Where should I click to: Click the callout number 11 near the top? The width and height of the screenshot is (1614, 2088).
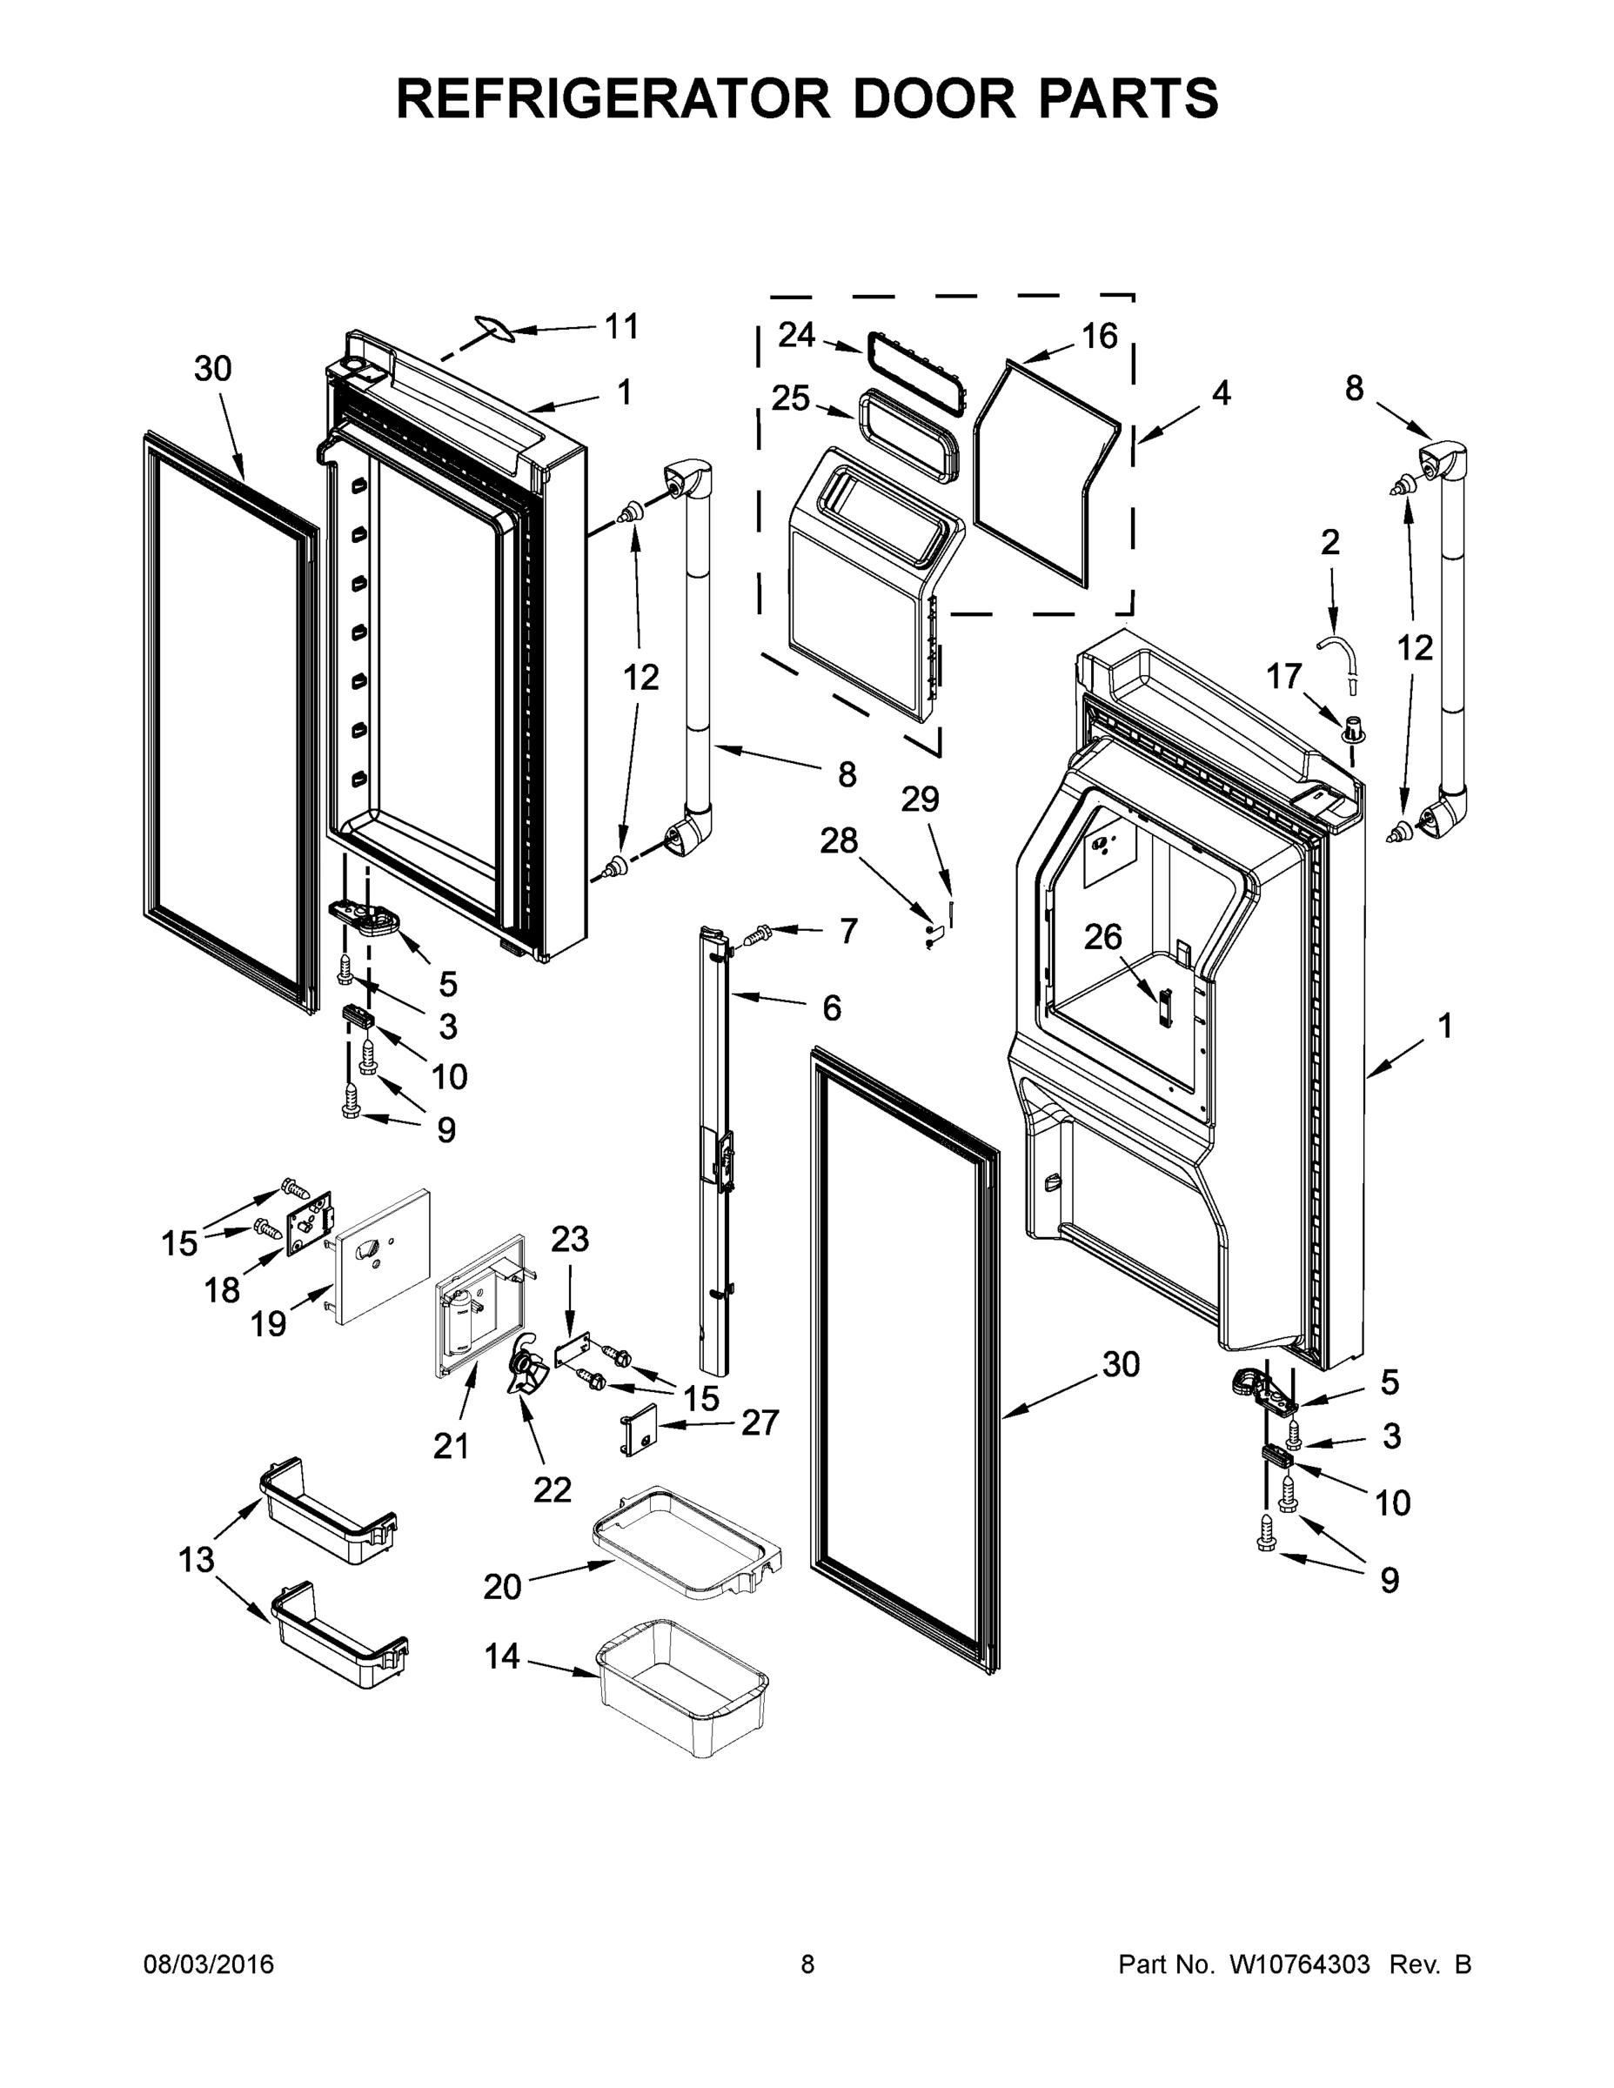pos(621,327)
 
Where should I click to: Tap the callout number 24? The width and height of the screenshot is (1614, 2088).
pos(796,335)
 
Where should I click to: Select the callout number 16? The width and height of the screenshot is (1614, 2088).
pos(1100,336)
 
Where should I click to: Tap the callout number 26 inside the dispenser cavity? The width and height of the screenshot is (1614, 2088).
pos(1102,937)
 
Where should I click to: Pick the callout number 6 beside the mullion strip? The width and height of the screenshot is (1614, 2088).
pos(831,1007)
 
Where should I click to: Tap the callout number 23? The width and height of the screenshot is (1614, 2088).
pos(570,1239)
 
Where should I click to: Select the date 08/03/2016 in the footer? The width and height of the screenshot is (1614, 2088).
pos(209,1964)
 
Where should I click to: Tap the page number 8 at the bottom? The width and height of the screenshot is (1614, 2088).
pos(807,1964)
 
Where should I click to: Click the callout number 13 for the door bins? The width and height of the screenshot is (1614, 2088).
pos(197,1559)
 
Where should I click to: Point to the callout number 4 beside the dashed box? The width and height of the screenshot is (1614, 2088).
pos(1221,393)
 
